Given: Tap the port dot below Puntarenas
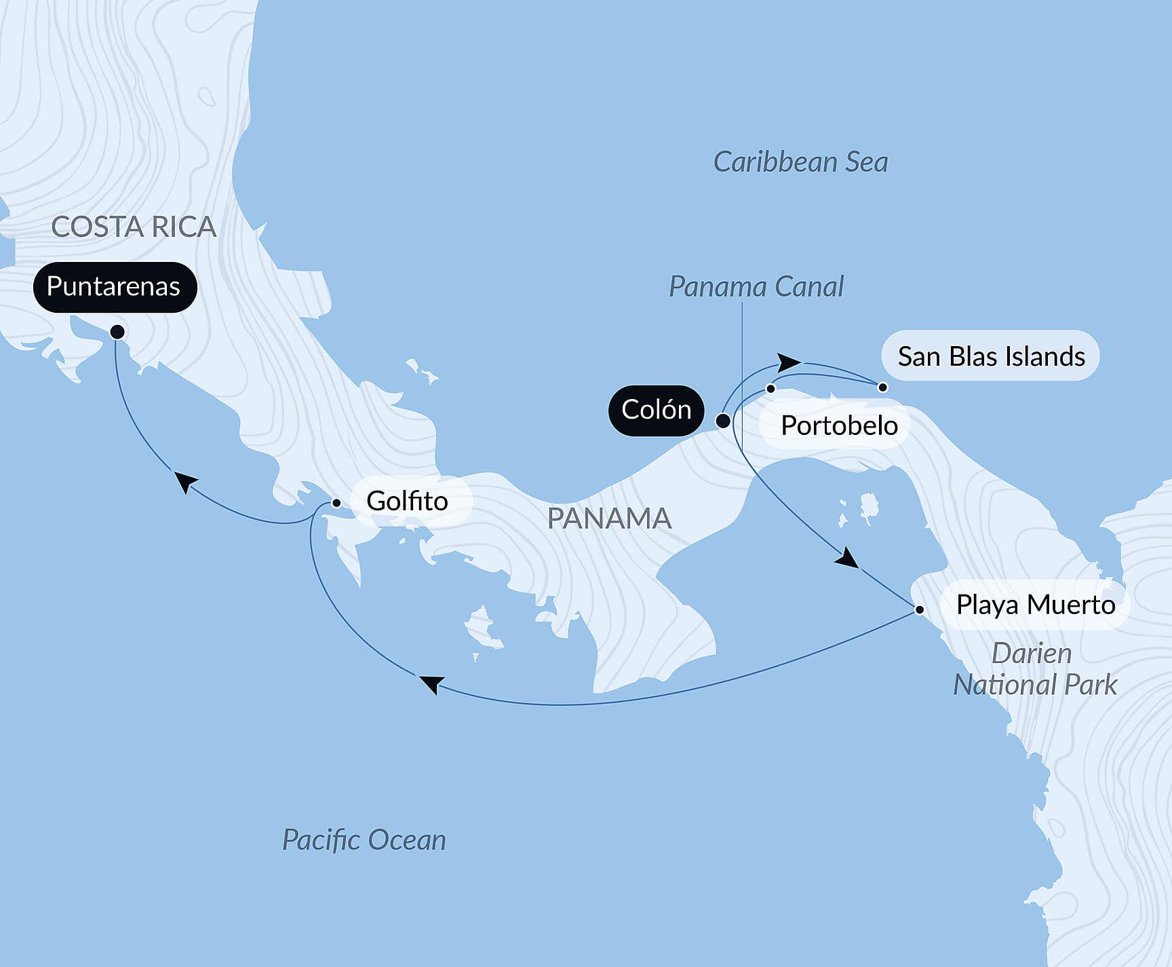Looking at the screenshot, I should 117,332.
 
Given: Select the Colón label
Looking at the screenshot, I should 656,410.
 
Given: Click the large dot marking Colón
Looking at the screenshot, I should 723,421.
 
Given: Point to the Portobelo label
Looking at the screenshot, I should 839,425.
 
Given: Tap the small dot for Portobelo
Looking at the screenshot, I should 770,389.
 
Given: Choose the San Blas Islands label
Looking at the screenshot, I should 990,356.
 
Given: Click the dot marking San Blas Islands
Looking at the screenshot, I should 882,387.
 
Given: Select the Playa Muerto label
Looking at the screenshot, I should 1035,605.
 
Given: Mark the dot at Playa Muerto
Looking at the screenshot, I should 919,609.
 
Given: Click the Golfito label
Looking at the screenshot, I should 407,501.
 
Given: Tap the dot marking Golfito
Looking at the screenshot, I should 336,503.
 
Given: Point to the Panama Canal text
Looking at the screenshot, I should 756,287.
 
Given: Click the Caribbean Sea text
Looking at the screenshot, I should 800,162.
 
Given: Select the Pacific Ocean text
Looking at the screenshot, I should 364,840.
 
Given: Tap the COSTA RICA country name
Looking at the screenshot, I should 134,227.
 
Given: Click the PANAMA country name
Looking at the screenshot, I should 608,518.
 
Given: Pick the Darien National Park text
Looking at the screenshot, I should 1034,669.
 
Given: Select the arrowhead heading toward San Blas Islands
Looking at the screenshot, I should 788,362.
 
